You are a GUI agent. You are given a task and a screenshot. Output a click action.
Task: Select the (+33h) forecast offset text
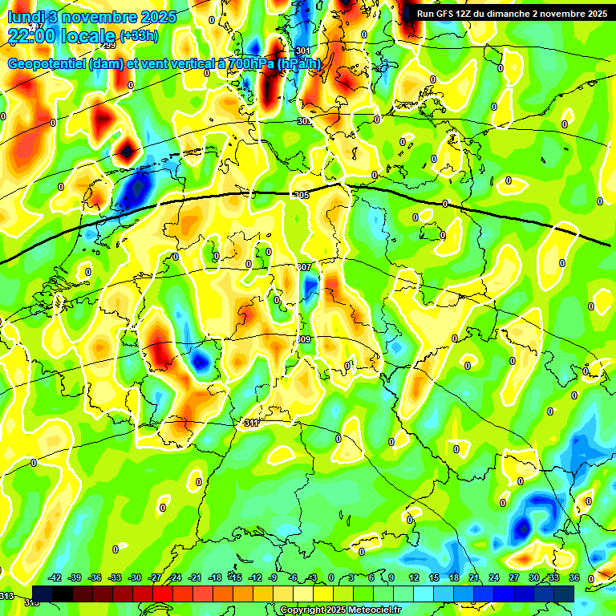coord(138,35)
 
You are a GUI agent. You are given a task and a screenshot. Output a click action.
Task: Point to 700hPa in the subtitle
coord(249,64)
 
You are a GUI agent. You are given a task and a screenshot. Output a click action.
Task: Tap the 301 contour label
coord(302,51)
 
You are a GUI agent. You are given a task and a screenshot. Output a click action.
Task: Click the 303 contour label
coord(303,121)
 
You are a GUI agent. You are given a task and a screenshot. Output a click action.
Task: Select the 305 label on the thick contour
coord(302,196)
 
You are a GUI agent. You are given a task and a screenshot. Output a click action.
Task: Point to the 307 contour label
coord(304,267)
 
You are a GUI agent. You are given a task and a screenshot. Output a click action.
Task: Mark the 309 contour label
coord(304,340)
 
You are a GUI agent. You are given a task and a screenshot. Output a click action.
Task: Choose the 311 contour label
coord(251,423)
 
